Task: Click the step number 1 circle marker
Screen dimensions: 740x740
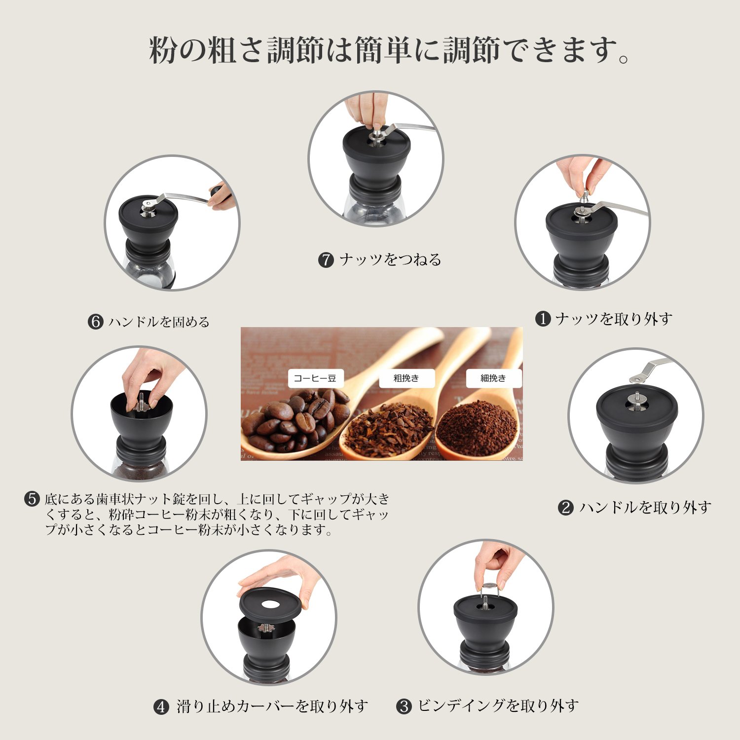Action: [x=543, y=319]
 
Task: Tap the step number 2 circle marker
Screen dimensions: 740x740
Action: [x=566, y=508]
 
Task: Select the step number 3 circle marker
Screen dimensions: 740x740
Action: [x=404, y=706]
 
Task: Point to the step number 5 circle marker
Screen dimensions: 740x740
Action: [x=32, y=499]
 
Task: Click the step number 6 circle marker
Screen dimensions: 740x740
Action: [x=95, y=322]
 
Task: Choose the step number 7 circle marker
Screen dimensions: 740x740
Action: [x=326, y=260]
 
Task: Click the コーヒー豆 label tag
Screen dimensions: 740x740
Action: [x=315, y=378]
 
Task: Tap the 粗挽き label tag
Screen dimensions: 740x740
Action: [x=407, y=378]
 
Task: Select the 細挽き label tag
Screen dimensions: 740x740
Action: [x=493, y=378]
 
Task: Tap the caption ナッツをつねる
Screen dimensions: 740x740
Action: [x=390, y=259]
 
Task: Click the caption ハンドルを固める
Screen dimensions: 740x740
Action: [x=159, y=322]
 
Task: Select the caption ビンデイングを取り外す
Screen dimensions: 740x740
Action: [x=498, y=706]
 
